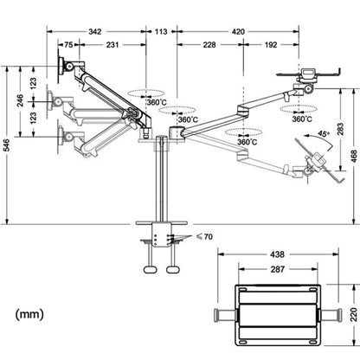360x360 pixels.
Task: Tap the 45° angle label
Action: click(x=324, y=136)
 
